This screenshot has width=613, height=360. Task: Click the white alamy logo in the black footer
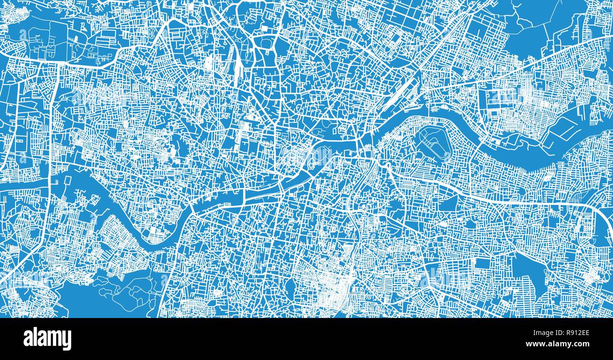pos(47,339)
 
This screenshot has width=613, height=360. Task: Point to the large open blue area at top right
pos(542,28)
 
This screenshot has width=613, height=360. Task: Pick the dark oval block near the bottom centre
pos(290,285)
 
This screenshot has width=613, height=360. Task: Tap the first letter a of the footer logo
pos(28,339)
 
